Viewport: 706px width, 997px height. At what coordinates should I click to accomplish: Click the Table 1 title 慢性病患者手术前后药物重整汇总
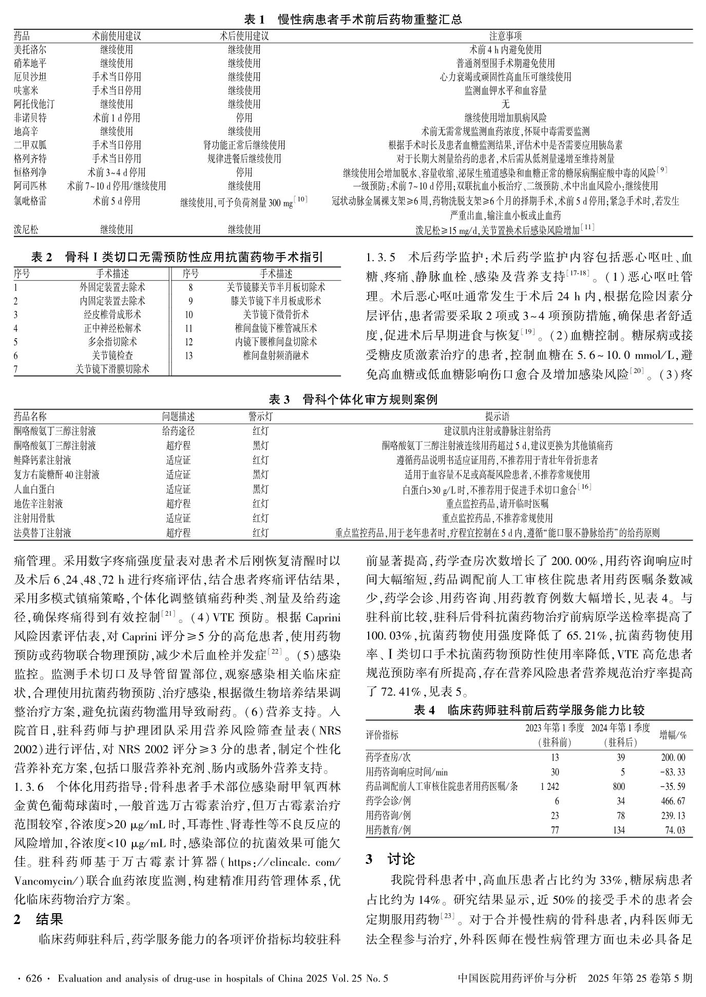click(370, 20)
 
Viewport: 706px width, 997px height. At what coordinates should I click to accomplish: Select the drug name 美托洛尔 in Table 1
click(30, 50)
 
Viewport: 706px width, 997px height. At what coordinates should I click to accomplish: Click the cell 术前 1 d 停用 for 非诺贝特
click(116, 118)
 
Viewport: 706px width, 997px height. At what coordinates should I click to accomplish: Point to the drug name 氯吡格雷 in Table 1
click(30, 201)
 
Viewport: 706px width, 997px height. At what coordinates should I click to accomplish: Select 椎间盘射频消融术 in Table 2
click(276, 355)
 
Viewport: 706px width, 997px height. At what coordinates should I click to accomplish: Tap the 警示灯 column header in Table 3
click(260, 416)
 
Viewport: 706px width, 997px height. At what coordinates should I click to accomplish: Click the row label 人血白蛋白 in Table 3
click(34, 489)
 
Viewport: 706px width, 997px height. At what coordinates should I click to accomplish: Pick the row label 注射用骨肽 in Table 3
click(34, 518)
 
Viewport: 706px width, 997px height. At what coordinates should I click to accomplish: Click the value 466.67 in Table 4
click(673, 801)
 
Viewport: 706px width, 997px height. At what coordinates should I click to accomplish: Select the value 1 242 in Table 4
click(549, 786)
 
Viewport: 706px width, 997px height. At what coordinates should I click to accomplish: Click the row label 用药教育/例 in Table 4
click(388, 829)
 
